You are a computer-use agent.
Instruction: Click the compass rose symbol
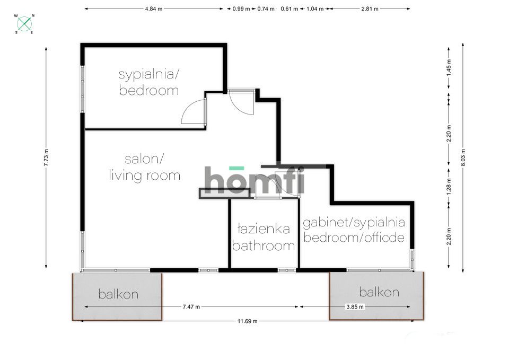click(24, 23)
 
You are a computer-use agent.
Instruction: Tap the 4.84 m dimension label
click(153, 9)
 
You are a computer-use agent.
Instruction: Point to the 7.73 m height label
click(46, 157)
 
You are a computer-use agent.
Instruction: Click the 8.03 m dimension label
click(463, 156)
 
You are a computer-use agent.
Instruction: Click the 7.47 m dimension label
click(191, 306)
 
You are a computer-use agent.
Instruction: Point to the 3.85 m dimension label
click(355, 306)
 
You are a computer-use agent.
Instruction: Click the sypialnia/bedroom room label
click(148, 82)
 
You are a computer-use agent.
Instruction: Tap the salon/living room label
click(144, 166)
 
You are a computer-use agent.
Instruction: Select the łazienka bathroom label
click(264, 237)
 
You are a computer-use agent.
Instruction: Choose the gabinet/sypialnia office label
click(354, 230)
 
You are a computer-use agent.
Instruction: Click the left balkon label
click(118, 294)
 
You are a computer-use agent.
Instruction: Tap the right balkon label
click(379, 292)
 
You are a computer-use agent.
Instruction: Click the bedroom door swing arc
click(191, 111)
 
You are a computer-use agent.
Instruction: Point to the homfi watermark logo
click(254, 180)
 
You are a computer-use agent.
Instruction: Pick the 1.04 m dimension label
click(315, 9)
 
